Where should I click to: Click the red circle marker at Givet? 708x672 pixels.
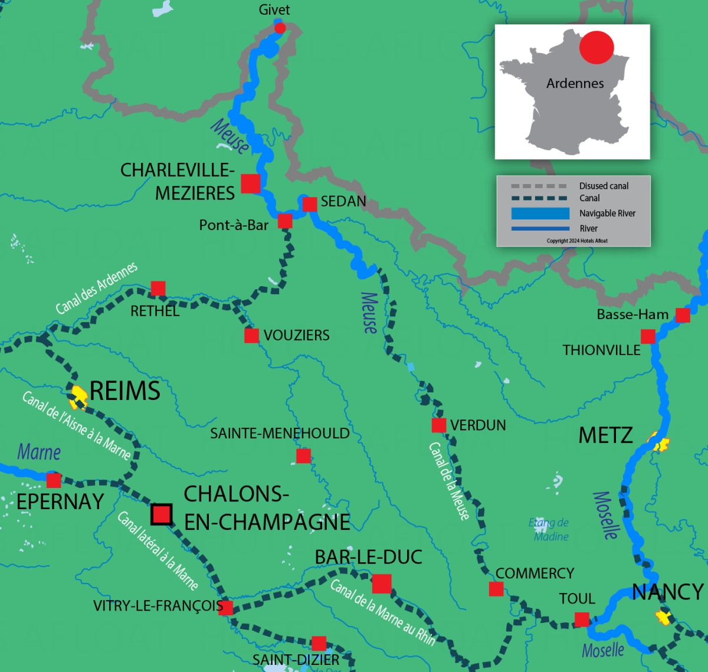[x=280, y=28]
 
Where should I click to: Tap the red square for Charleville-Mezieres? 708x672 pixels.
[x=251, y=183]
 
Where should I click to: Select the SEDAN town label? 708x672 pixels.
[x=343, y=202]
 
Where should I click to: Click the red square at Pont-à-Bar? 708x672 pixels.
[x=285, y=221]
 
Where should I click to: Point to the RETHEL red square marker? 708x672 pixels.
[x=158, y=289]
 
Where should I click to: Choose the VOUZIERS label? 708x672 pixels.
[x=296, y=336]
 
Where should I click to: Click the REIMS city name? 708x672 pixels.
[x=125, y=391]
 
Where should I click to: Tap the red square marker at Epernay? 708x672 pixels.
[x=54, y=480]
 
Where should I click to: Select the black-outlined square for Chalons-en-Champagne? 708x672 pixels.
[x=162, y=514]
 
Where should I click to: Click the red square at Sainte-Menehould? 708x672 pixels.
[x=303, y=456]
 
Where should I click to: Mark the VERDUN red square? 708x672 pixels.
[x=439, y=425]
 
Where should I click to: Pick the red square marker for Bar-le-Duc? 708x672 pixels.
[x=382, y=584]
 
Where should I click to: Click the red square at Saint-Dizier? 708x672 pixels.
[x=319, y=643]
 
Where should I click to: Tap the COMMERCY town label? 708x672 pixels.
[x=535, y=573]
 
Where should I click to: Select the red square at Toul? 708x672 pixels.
[x=582, y=619]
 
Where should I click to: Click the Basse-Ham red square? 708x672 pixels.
[x=683, y=315]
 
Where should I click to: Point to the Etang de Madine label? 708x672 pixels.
[x=549, y=529]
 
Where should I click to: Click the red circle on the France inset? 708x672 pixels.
[x=596, y=47]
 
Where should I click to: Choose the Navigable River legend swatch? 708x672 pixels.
[x=540, y=214]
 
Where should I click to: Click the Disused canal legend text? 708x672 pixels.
[x=604, y=186]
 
